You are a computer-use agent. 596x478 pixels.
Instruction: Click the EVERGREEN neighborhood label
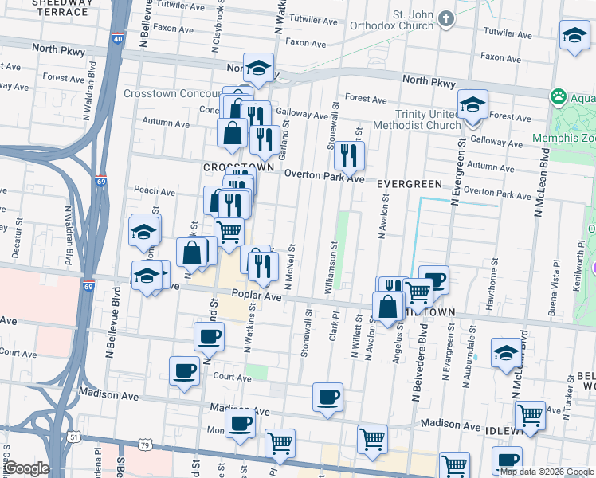pos(409,184)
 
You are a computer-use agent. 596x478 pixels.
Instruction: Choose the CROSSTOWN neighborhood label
pos(237,168)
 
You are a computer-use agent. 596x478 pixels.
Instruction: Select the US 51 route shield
pos(74,437)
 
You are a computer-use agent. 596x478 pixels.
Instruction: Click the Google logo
pos(26,468)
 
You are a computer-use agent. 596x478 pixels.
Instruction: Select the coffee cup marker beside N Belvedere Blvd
pos(433,279)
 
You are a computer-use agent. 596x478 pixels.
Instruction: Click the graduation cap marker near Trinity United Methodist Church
pos(472,104)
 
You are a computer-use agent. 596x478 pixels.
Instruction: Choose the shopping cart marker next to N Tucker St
pos(530,414)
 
